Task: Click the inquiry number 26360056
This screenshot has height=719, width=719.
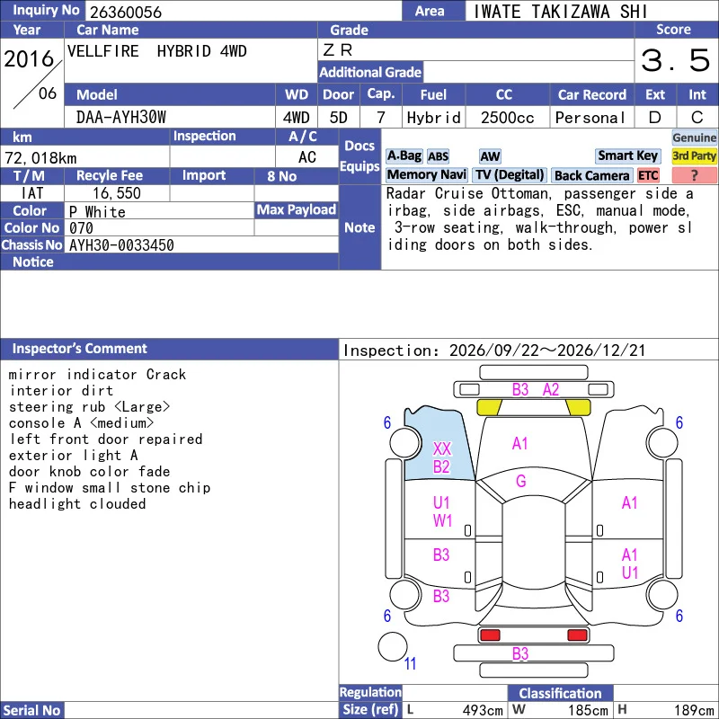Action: pyautogui.click(x=126, y=12)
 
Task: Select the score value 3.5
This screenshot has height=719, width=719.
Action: pyautogui.click(x=675, y=60)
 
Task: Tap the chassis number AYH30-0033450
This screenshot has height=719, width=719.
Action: pyautogui.click(x=121, y=245)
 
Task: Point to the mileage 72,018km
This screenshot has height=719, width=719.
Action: pyautogui.click(x=40, y=158)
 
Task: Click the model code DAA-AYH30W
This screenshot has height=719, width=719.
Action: pyautogui.click(x=121, y=118)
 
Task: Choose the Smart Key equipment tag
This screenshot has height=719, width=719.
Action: pyautogui.click(x=627, y=155)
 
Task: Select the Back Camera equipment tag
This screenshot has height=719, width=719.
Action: pyautogui.click(x=591, y=175)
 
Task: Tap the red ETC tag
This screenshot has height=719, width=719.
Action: pyautogui.click(x=648, y=175)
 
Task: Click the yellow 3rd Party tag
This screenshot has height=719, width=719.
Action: pyautogui.click(x=694, y=155)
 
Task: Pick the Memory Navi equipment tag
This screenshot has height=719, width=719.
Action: pyautogui.click(x=426, y=175)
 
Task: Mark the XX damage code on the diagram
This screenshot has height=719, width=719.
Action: pyautogui.click(x=442, y=448)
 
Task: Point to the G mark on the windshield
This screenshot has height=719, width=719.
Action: pyautogui.click(x=521, y=481)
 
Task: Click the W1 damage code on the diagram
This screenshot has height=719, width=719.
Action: pyautogui.click(x=442, y=521)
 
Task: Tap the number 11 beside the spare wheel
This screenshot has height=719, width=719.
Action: pyautogui.click(x=410, y=663)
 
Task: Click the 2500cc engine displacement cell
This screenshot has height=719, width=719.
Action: pyautogui.click(x=507, y=118)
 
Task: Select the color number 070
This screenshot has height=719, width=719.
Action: pyautogui.click(x=81, y=228)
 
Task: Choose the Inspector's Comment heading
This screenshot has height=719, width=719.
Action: pyautogui.click(x=80, y=349)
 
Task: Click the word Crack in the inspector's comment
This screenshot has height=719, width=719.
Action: pyautogui.click(x=166, y=374)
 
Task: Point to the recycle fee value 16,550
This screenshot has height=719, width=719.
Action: pyautogui.click(x=117, y=193)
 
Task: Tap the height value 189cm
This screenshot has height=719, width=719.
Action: pyautogui.click(x=694, y=710)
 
